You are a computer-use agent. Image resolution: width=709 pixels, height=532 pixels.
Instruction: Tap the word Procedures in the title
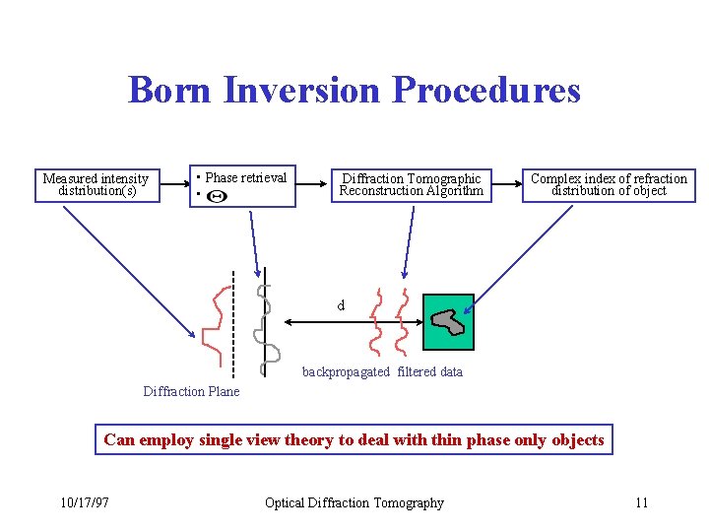pyautogui.click(x=486, y=91)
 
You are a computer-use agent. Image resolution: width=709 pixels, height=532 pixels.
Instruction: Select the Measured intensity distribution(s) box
pyautogui.click(x=96, y=184)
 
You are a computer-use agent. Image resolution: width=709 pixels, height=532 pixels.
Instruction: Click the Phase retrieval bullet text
pyautogui.click(x=245, y=178)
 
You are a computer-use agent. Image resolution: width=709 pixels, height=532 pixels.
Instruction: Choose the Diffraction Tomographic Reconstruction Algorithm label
pyautogui.click(x=411, y=184)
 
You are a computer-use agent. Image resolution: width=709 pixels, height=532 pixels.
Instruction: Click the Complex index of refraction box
pyautogui.click(x=609, y=184)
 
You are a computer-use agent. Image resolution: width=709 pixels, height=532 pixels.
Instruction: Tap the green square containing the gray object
pyautogui.click(x=448, y=321)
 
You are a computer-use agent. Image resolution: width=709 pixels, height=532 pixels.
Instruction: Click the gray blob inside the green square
pyautogui.click(x=447, y=320)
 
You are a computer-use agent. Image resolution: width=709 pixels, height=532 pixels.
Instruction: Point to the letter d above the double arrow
pyautogui.click(x=341, y=306)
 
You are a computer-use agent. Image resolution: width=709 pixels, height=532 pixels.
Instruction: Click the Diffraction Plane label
pyautogui.click(x=191, y=391)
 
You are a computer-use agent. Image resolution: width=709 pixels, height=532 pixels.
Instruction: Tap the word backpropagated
pyautogui.click(x=346, y=371)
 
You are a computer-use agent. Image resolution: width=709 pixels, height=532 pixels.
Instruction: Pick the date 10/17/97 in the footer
pyautogui.click(x=84, y=503)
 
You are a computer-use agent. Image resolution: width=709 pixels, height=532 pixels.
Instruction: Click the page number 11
pyautogui.click(x=641, y=503)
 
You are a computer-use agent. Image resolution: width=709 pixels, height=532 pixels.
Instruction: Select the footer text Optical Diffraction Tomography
pyautogui.click(x=354, y=503)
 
